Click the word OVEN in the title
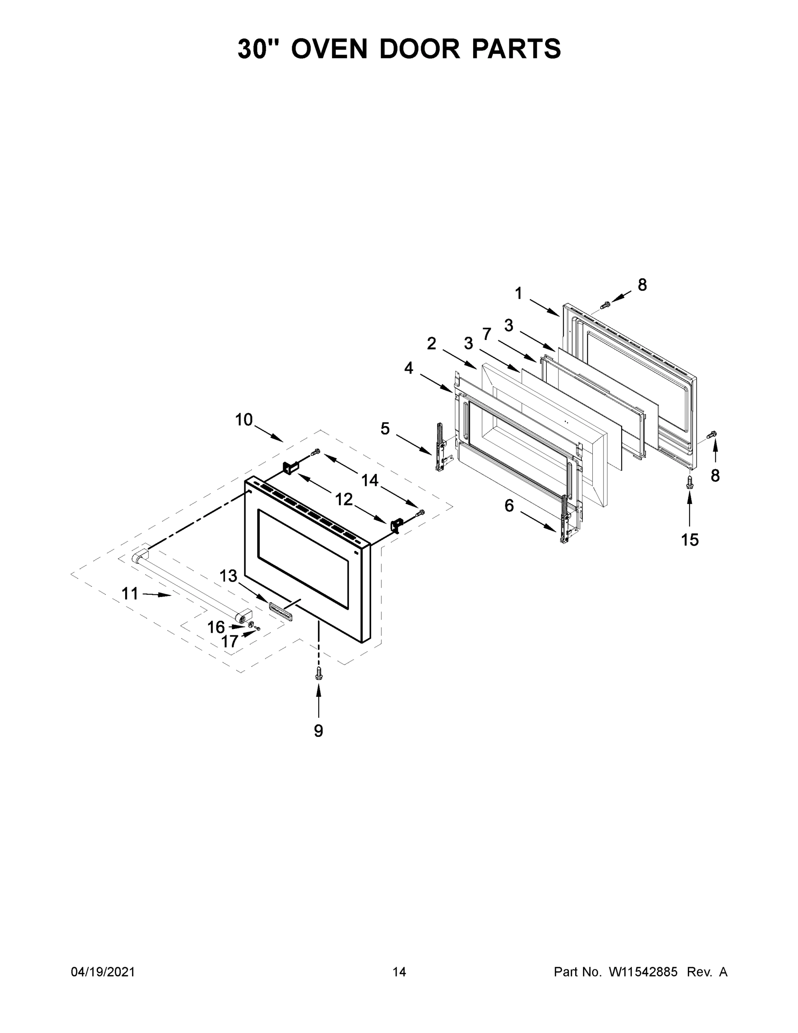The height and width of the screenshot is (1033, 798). click(x=329, y=49)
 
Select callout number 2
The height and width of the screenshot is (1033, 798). click(x=431, y=343)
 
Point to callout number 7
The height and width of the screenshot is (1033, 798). click(x=487, y=334)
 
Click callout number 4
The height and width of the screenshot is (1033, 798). click(x=408, y=368)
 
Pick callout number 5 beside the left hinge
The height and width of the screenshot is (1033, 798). click(x=385, y=429)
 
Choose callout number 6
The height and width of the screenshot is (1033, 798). click(x=508, y=506)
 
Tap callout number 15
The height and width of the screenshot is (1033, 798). click(x=690, y=540)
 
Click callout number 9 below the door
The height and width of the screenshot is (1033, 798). click(x=319, y=731)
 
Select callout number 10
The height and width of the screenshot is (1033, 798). click(x=244, y=420)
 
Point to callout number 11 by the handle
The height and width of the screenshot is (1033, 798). click(x=130, y=593)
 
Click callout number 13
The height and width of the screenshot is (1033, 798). click(x=228, y=576)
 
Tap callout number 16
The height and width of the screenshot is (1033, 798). click(x=216, y=627)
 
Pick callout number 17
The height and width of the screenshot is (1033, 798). click(x=230, y=641)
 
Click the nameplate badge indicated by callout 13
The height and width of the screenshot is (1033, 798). click(x=280, y=609)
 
